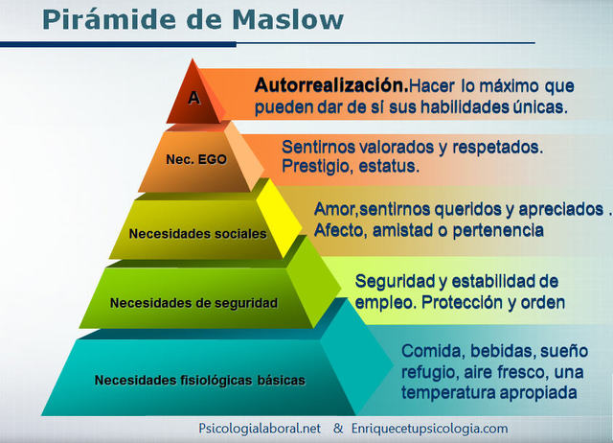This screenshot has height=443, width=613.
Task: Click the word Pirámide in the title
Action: (106, 18)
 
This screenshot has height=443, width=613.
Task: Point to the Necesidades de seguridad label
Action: (193, 303)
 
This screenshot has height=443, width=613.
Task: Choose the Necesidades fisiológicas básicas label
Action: (200, 380)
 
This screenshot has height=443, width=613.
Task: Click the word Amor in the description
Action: (333, 209)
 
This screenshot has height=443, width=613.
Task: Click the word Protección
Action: (459, 302)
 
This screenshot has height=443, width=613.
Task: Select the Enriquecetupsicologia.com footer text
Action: (428, 429)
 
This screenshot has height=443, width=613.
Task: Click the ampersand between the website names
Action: (338, 429)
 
